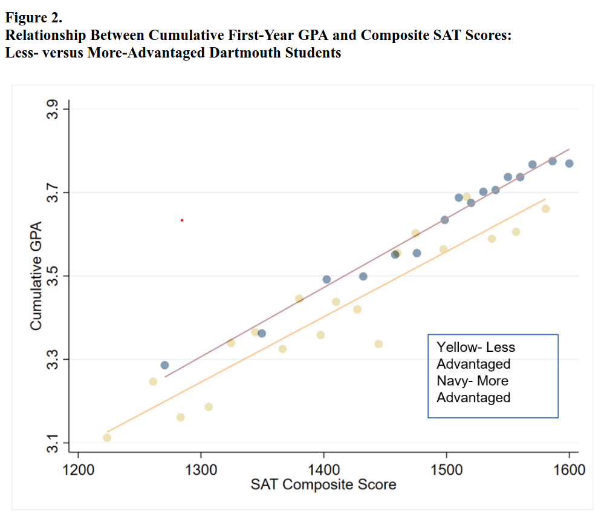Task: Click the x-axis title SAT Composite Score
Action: [x=323, y=484]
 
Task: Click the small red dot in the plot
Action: [x=182, y=220]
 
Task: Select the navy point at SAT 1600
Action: [x=569, y=163]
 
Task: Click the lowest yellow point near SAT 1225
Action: [x=107, y=437]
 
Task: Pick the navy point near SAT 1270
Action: [x=164, y=365]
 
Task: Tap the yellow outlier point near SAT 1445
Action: [x=378, y=344]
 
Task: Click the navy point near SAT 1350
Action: [x=262, y=333]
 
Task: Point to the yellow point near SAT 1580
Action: [x=545, y=209]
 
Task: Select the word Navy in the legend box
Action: [x=452, y=381]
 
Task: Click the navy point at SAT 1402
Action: [x=326, y=279]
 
